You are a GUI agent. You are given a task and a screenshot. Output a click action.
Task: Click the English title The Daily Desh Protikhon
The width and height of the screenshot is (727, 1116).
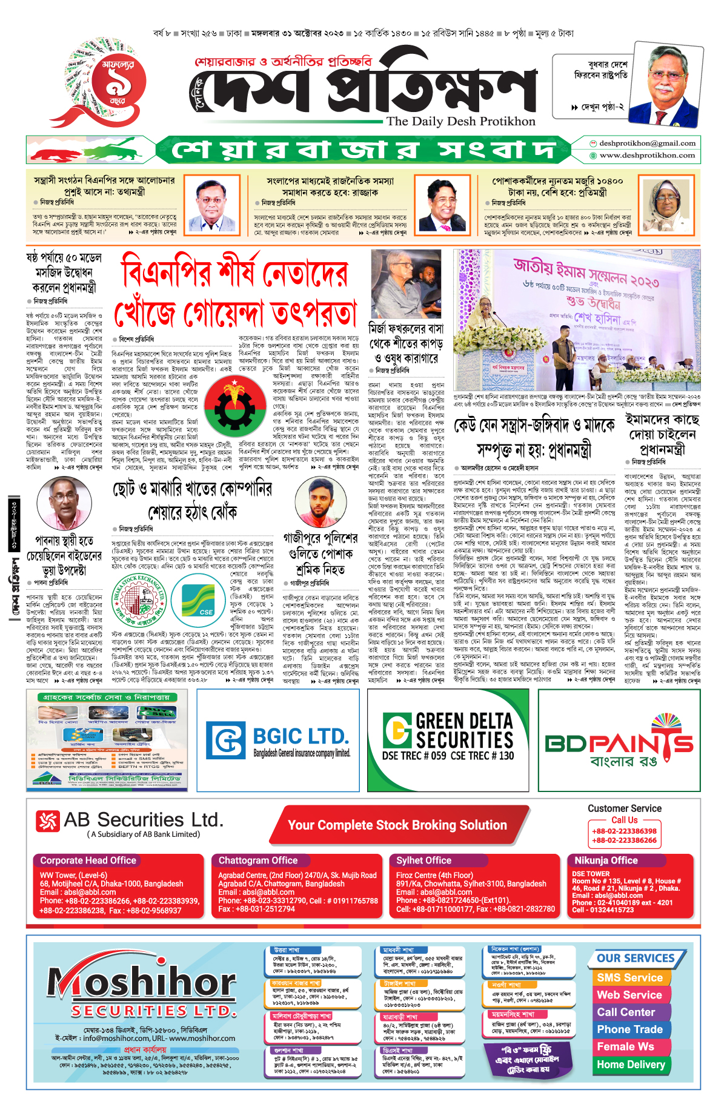click(461, 121)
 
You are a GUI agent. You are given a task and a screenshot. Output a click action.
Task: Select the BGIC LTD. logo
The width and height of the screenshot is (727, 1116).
click(279, 740)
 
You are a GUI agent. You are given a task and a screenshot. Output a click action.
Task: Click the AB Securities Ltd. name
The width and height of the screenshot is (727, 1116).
click(143, 820)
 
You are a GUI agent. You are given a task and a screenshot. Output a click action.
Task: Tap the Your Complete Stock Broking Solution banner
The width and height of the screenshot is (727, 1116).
click(397, 825)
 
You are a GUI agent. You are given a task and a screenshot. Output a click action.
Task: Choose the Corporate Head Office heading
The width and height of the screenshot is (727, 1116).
click(88, 860)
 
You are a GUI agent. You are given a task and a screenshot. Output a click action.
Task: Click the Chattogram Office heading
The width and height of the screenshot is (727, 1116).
click(258, 860)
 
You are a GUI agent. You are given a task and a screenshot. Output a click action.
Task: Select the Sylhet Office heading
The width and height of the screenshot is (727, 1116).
click(423, 860)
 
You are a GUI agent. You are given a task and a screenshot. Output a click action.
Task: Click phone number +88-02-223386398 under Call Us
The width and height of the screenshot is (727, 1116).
click(624, 831)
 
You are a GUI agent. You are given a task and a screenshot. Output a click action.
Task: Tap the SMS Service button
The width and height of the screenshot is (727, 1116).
click(629, 977)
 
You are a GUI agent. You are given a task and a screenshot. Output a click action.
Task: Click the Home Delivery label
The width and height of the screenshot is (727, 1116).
click(631, 1064)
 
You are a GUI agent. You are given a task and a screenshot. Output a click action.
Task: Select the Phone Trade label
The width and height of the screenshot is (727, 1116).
click(629, 1029)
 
